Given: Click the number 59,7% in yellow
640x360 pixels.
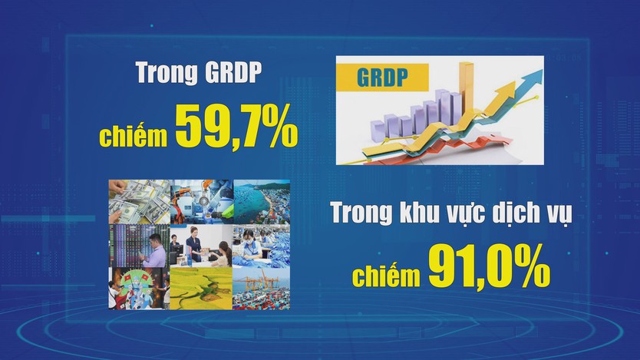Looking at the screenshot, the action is coord(236,126).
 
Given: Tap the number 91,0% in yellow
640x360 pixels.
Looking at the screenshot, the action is coord(489,266).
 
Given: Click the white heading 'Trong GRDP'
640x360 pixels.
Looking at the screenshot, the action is coord(199,73).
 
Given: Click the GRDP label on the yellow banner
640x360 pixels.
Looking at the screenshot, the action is coord(382,77).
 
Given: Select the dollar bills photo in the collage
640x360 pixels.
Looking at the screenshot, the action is coord(139,202).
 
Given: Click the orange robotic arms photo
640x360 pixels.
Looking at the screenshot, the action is coord(202,202).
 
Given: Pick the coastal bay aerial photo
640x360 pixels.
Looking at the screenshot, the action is coord(262,202).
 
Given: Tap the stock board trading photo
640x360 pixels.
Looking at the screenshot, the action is coord(139,246).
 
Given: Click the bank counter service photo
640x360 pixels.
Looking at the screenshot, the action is coord(201,246).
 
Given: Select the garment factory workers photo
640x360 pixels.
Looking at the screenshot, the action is coord(261,246).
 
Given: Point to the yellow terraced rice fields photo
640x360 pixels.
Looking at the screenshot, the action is coord(201,288).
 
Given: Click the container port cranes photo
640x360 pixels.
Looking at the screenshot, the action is coord(261,288).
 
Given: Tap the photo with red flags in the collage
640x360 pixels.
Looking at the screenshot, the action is coord(139,288).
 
